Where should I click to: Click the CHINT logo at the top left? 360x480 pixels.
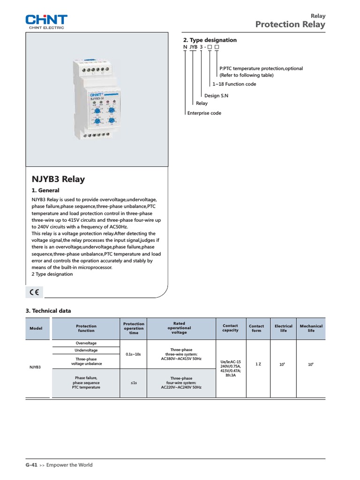click(x=46, y=21)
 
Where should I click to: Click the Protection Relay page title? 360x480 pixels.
click(x=290, y=25)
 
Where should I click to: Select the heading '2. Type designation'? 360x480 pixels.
click(x=210, y=40)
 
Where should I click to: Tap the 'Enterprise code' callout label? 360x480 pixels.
click(x=204, y=113)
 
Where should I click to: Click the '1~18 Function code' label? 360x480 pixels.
click(x=234, y=84)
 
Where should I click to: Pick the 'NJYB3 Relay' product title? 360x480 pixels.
click(x=58, y=179)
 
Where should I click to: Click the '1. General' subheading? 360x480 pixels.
click(x=45, y=191)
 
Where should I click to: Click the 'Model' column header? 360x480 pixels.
click(x=36, y=329)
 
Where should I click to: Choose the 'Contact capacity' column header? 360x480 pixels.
click(x=230, y=328)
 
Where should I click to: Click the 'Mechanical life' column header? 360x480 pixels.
click(x=311, y=328)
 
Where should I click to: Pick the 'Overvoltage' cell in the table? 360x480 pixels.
click(x=86, y=343)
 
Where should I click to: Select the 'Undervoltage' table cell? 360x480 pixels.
click(x=86, y=351)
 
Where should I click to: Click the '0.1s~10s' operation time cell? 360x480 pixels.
click(x=134, y=354)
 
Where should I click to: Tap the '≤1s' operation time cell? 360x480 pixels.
click(x=134, y=383)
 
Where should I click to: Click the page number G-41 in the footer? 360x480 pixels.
click(x=31, y=465)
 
